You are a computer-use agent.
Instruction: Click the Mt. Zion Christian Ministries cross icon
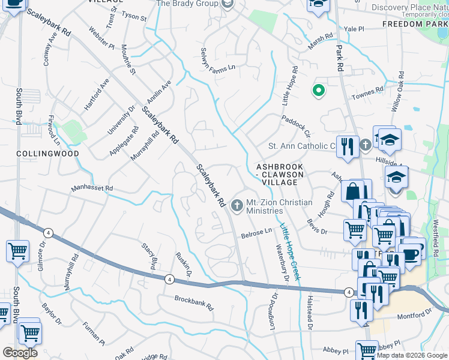[x=237, y=206]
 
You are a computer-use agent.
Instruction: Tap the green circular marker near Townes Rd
[x=318, y=91]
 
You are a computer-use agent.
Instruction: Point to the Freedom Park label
[x=415, y=25]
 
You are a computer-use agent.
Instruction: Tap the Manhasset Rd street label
[x=92, y=188]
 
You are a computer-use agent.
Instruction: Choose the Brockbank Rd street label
[x=194, y=302]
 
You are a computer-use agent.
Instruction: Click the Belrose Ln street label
[x=256, y=235]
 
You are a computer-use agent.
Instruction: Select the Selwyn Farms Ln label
[x=218, y=58]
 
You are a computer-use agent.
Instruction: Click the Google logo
[x=20, y=352]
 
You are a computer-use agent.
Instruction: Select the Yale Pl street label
[x=354, y=29]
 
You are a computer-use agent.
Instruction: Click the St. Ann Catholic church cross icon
[x=366, y=145]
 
